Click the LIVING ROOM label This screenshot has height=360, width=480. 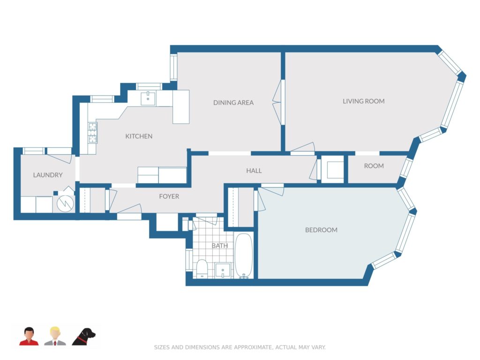coord(363,101)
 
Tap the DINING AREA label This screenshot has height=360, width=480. coord(233,103)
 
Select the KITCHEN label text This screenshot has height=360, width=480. coord(139,136)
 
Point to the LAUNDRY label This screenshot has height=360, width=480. coord(48,175)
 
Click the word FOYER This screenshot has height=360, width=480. coord(169,196)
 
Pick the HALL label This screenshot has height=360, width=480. coord(254,171)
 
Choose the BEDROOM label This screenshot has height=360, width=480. coord(321,230)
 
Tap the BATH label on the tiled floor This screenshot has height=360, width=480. coord(220,246)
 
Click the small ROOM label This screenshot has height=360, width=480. coord(374,166)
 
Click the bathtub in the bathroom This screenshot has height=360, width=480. coord(244,256)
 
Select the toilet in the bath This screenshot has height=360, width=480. coord(202,269)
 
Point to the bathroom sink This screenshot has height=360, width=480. coord(223,270)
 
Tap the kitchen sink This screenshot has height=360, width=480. coord(148,98)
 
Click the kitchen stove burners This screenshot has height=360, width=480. coord(92,133)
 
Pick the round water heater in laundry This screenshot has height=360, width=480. coord(65,202)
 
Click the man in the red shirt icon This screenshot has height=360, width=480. coord(29,337)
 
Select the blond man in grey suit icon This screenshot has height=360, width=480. coord(55,336)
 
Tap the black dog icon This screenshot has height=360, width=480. coord(83,337)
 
